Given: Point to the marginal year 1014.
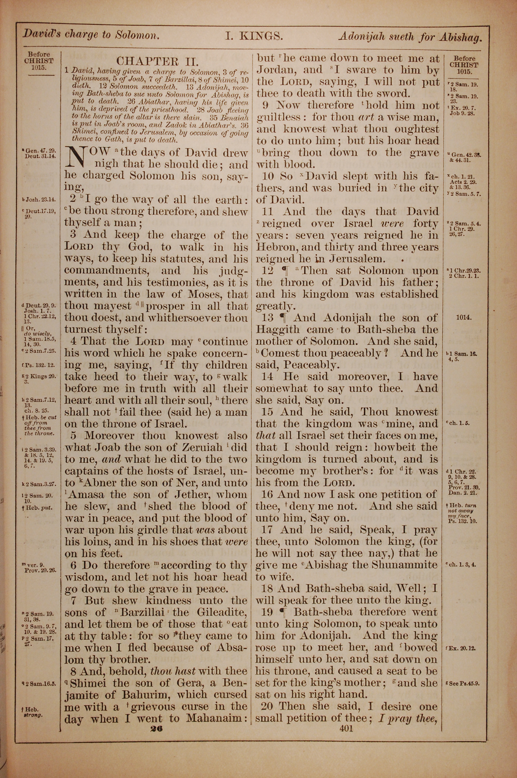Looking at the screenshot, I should [x=463, y=318].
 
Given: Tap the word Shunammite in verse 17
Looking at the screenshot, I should [x=405, y=565].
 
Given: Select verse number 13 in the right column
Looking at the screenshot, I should [x=268, y=318].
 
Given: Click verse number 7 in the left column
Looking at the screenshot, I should [x=74, y=601].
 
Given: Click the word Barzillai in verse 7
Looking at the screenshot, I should [x=143, y=613].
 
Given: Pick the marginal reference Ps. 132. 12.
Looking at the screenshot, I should [x=40, y=365].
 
